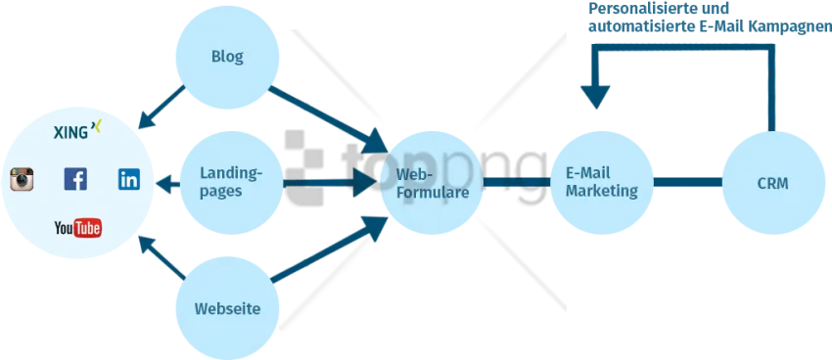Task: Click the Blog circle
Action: point(227,58)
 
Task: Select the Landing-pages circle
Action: point(231,183)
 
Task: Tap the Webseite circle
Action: point(227,308)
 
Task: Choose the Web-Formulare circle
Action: point(433,183)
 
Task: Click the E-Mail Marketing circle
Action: point(602,183)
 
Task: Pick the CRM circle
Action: point(773,183)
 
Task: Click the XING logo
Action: point(77,130)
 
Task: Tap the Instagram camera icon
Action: point(22,179)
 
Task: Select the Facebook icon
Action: point(75,179)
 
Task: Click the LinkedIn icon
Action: point(129,179)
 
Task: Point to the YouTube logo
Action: point(77,229)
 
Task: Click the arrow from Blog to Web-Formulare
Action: point(328,119)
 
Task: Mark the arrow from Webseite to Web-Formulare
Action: point(330,248)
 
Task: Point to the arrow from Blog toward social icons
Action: point(162,107)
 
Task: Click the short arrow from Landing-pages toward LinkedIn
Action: point(167,185)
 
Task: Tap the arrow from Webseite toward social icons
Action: point(162,257)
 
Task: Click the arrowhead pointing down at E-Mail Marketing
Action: point(595,98)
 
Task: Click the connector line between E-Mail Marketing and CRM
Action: point(688,182)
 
